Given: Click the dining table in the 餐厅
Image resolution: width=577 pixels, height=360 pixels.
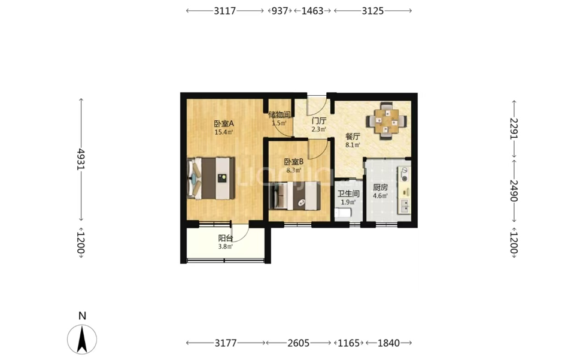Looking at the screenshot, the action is pyautogui.click(x=387, y=121).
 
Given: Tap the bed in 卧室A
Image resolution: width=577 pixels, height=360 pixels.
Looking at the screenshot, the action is pyautogui.click(x=211, y=178).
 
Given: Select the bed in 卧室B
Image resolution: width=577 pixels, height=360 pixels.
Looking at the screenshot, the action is pyautogui.click(x=294, y=195).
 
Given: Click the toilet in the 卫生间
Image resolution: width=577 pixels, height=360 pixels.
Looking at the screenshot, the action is pyautogui.click(x=343, y=213).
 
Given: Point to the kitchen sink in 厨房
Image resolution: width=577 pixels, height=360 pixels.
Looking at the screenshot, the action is pyautogui.click(x=405, y=206).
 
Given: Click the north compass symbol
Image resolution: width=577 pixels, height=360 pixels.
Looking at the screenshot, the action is pyautogui.click(x=82, y=339).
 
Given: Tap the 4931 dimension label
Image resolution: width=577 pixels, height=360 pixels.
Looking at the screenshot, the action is pyautogui.click(x=81, y=159).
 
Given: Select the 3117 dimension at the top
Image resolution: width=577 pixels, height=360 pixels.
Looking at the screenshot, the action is pyautogui.click(x=225, y=11).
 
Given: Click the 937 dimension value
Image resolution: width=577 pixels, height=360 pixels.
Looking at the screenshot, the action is pyautogui.click(x=280, y=11).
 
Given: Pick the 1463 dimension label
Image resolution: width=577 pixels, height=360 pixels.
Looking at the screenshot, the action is pyautogui.click(x=312, y=11).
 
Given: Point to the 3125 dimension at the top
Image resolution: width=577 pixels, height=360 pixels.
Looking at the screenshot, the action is pyautogui.click(x=373, y=11).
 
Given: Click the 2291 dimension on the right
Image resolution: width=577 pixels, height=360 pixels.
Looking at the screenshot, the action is pyautogui.click(x=514, y=128).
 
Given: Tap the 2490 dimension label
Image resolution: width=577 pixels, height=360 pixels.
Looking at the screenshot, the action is pyautogui.click(x=514, y=190).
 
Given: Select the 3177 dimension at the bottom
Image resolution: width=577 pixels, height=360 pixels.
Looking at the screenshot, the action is pyautogui.click(x=226, y=343).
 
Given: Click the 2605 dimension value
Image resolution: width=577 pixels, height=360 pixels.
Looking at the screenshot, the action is pyautogui.click(x=299, y=343).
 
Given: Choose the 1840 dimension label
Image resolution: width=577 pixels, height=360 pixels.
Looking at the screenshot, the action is pyautogui.click(x=388, y=343).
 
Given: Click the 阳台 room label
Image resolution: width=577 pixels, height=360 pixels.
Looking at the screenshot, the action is pyautogui.click(x=225, y=238).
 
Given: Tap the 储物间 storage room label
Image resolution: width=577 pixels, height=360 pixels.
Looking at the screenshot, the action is pyautogui.click(x=280, y=114).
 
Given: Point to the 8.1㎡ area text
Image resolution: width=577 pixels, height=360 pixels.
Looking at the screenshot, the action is pyautogui.click(x=353, y=145).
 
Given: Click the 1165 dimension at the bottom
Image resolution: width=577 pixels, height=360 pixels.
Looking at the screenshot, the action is pyautogui.click(x=348, y=343).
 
